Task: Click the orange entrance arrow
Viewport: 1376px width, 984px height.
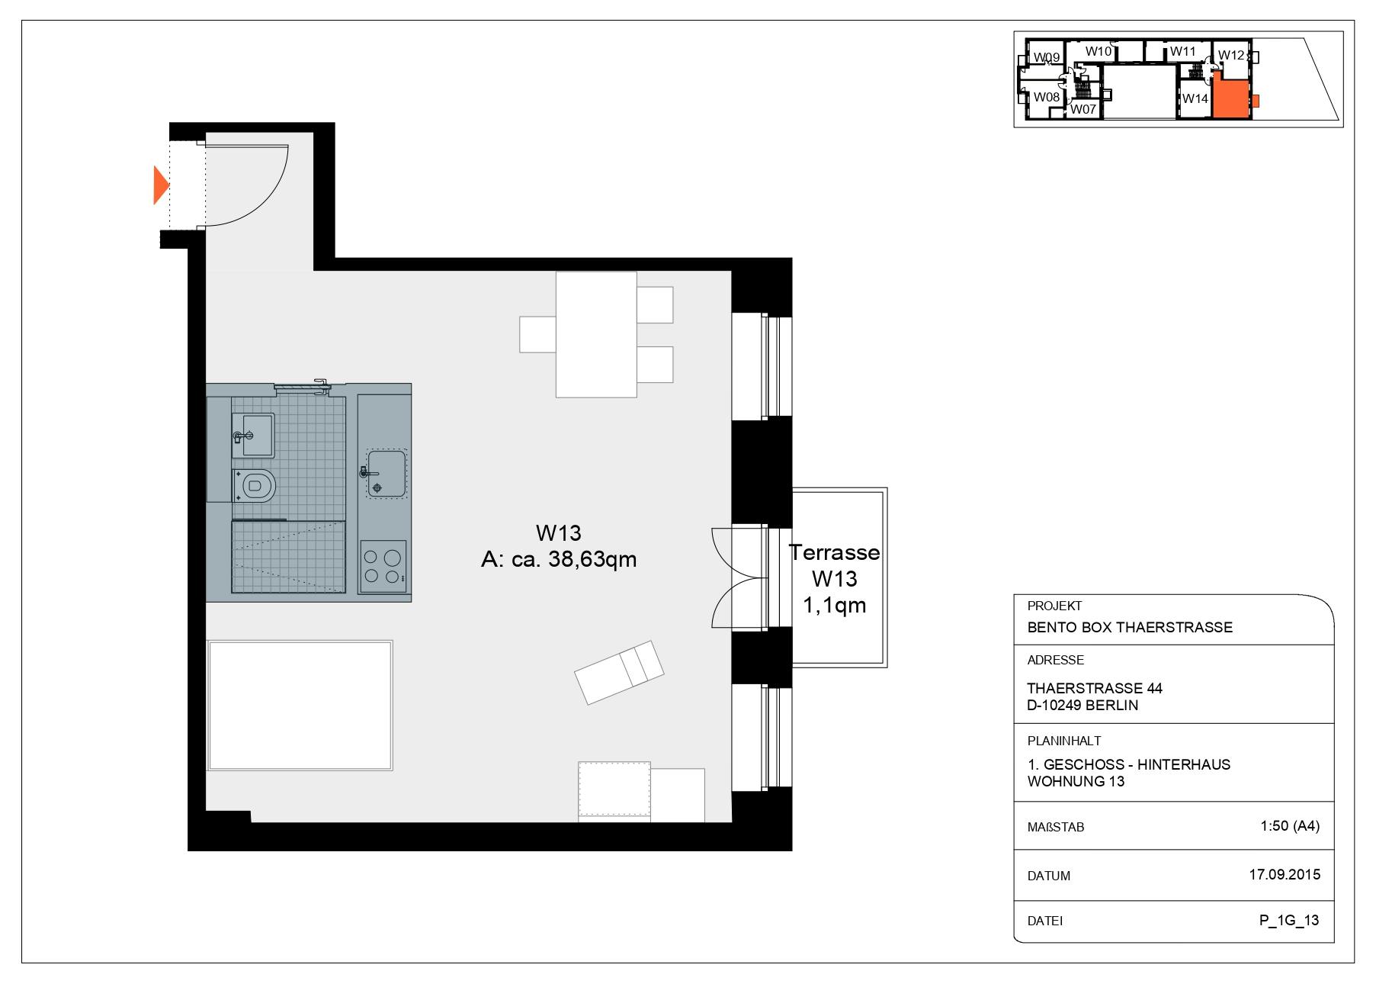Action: (159, 185)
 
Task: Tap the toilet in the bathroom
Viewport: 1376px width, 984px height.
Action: (256, 485)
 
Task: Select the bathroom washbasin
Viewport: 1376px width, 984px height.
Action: (253, 435)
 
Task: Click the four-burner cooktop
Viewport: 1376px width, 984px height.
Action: (383, 566)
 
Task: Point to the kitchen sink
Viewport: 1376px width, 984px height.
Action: (386, 473)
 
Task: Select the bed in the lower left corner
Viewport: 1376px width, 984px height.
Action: (300, 705)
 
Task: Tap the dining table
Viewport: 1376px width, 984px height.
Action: (595, 334)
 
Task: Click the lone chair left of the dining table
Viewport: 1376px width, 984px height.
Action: (537, 334)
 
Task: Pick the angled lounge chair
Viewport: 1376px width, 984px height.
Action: (618, 672)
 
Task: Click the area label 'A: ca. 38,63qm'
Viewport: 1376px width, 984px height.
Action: (559, 559)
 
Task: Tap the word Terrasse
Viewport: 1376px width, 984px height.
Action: (834, 552)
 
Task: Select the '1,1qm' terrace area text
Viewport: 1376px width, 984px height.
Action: (834, 606)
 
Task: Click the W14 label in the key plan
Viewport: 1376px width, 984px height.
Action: (1195, 98)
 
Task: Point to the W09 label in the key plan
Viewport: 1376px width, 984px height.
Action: (1046, 57)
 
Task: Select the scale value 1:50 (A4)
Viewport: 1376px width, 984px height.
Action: (1289, 825)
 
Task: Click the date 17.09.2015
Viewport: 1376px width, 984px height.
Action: (1284, 874)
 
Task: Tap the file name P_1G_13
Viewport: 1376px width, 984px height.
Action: (1288, 920)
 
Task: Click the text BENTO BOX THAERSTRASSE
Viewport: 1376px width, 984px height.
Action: (1129, 627)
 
